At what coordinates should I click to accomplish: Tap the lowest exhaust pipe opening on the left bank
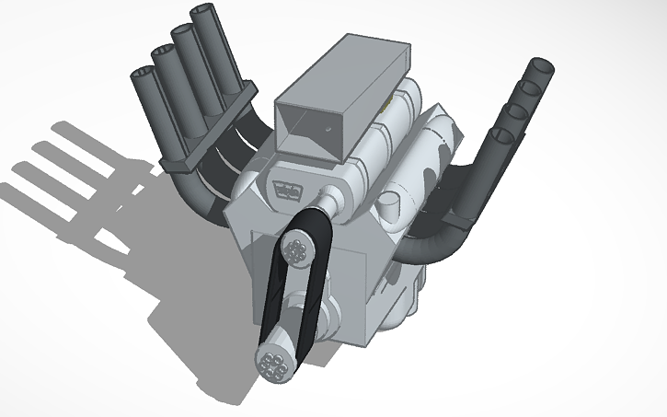[144, 72]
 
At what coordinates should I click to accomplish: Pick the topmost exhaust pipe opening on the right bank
[542, 66]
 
